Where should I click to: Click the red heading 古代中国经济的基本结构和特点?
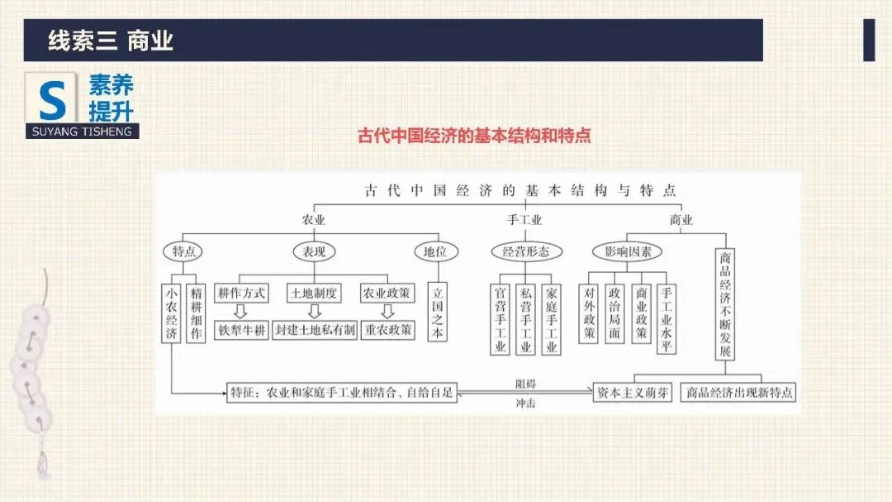coord(474,135)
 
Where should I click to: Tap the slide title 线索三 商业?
coord(111,41)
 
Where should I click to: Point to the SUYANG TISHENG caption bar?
coord(82,131)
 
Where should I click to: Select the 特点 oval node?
coord(183,252)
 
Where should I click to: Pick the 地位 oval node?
coord(435,252)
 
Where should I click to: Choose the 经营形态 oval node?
coord(525,252)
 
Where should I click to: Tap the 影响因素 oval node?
coord(628,252)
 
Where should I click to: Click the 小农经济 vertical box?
coord(171,313)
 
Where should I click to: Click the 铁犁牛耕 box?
coord(242,330)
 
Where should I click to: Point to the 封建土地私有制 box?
coord(315,330)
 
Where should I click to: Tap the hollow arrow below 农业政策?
coord(387,312)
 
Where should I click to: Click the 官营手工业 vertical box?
coord(500,319)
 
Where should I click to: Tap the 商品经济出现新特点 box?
coord(738,393)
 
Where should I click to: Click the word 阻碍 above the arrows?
coord(524,383)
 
